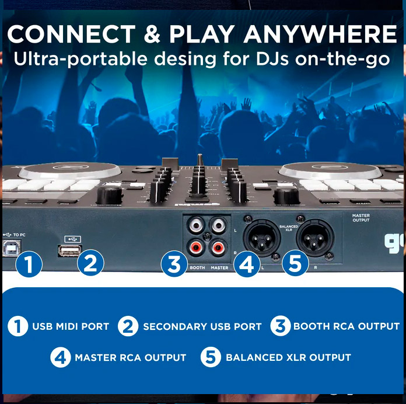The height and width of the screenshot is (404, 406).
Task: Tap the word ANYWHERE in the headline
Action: point(320,34)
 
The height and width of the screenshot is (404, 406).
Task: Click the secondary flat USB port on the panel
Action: point(69,250)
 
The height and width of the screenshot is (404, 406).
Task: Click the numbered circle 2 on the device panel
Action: point(90,263)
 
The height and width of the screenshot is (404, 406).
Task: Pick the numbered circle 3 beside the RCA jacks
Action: point(174,263)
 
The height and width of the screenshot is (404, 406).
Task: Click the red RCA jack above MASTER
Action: point(219,248)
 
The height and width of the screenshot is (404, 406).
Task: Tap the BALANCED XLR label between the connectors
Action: point(288,227)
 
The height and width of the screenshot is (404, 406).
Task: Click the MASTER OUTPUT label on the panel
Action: point(360,218)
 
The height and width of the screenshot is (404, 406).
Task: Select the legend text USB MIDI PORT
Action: point(71,326)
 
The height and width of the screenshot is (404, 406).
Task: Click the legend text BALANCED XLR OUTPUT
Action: point(288,357)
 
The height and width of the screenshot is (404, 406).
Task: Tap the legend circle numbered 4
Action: point(61,357)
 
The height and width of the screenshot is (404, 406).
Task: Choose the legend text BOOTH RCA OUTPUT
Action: point(346,326)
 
